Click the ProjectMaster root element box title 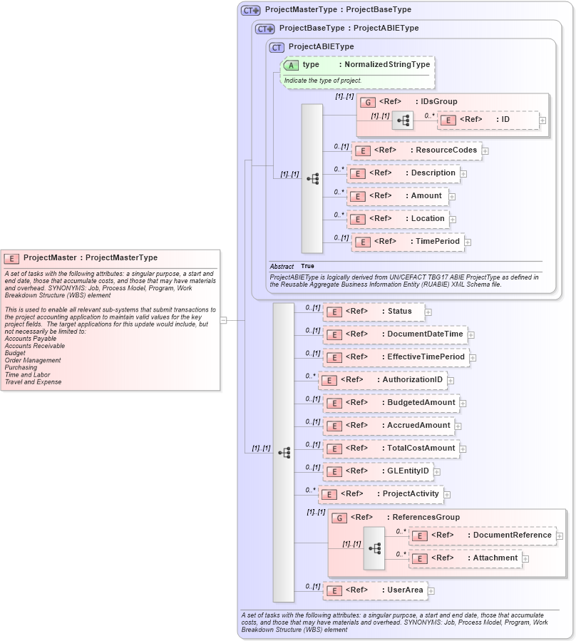coord(91,257)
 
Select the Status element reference coord(374,311)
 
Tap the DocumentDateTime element coord(395,334)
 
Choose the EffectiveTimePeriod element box coord(396,357)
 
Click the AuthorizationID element coord(383,380)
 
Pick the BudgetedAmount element coord(391,403)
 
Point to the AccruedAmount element coord(389,426)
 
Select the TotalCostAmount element coord(391,448)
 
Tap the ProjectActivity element coord(381,493)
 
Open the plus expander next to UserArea coord(431,590)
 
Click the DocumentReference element coord(483,535)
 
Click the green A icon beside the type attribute coord(291,65)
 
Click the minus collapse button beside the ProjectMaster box coord(224,320)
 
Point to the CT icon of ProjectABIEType coord(277,47)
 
